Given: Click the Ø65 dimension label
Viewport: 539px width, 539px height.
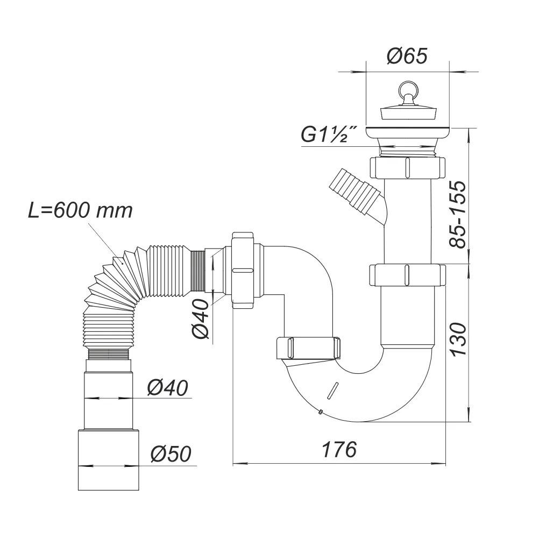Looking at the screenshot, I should coord(407,56).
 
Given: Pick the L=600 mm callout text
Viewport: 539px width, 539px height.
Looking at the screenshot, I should coord(80,210).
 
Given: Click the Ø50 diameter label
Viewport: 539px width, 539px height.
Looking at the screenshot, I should coord(171,455).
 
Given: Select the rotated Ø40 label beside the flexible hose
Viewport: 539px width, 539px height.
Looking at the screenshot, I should coord(201,318).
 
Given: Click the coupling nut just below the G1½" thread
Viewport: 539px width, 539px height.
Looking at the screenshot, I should coord(408,167).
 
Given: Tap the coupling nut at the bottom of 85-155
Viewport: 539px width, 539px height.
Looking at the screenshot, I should coord(408,275).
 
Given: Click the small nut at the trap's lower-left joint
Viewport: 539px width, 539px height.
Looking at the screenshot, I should coord(309,347).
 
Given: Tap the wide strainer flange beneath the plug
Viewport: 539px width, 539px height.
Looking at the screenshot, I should coord(408,130).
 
